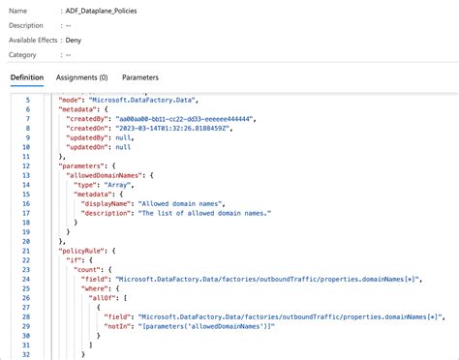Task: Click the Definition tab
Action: (x=27, y=76)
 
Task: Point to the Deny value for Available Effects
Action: (x=74, y=42)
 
